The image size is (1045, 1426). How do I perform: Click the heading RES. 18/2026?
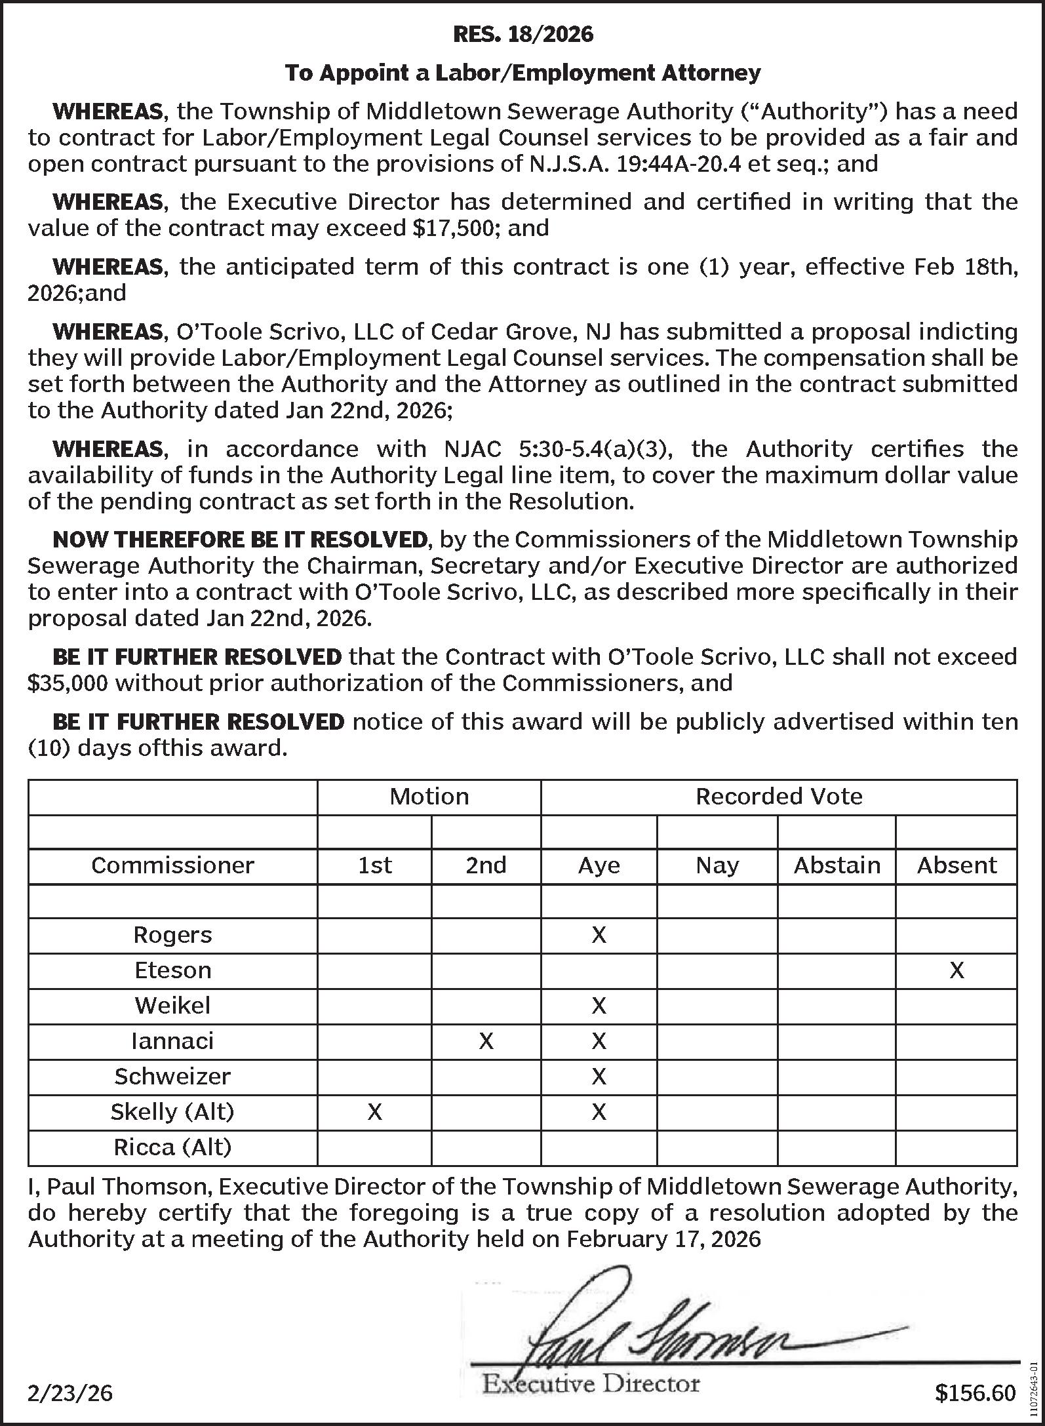(x=522, y=34)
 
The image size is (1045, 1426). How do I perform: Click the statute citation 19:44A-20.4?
(x=677, y=163)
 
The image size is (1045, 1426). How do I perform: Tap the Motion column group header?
(x=429, y=797)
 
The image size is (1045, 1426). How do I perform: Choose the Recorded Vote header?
(x=778, y=797)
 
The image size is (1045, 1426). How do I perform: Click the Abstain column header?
(x=837, y=865)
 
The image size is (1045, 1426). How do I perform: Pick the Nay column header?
(x=717, y=865)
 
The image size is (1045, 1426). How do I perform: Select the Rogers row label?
(x=172, y=934)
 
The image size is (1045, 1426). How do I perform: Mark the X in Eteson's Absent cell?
(x=956, y=970)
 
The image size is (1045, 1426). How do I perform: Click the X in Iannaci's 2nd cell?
(x=486, y=1040)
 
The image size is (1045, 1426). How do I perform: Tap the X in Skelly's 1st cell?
(x=374, y=1111)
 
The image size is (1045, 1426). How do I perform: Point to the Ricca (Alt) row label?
(x=172, y=1147)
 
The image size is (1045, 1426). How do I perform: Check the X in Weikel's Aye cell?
(x=599, y=1005)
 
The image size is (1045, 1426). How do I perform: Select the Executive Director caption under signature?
(x=591, y=1384)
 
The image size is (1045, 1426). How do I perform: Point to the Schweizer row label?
(x=172, y=1076)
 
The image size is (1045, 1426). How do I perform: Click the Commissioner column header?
(x=172, y=865)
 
